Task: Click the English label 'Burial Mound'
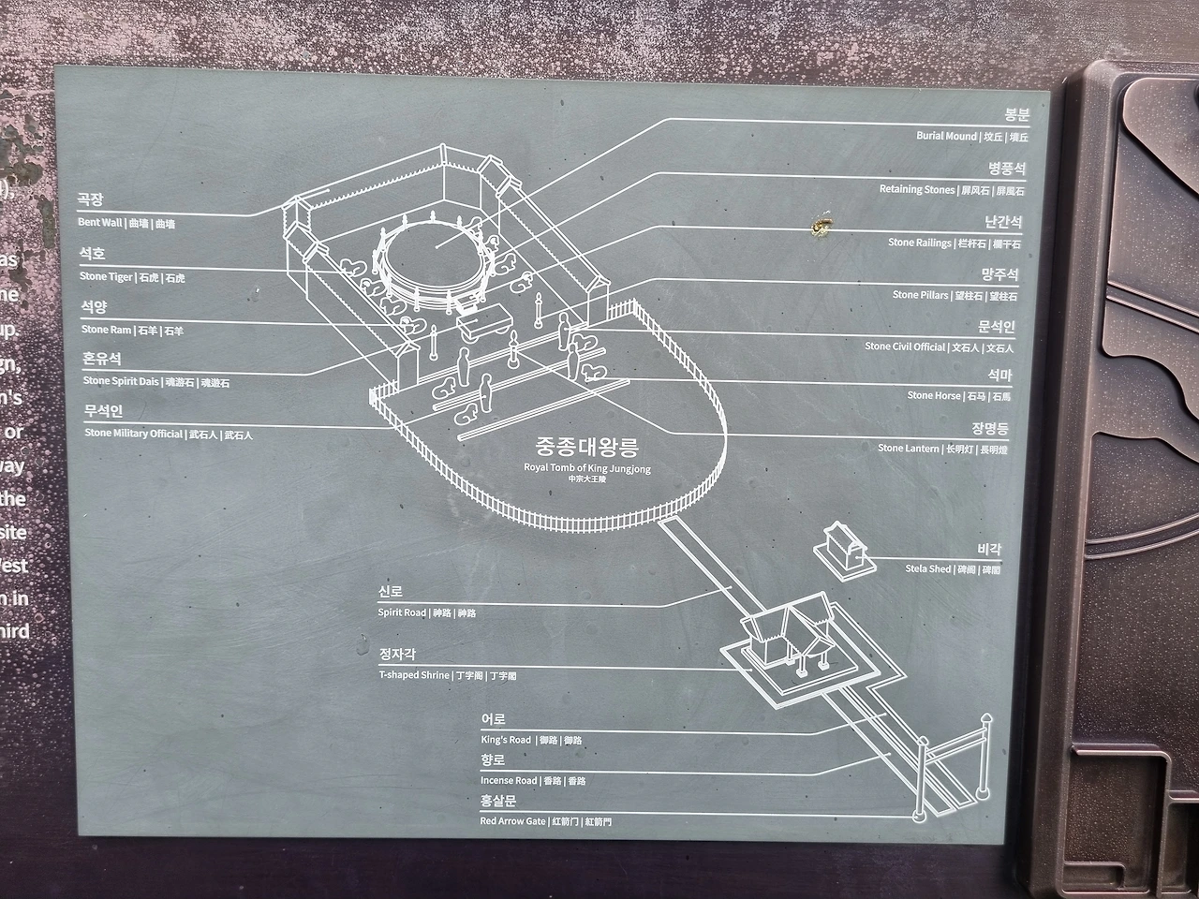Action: [946, 137]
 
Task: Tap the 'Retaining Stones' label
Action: [916, 190]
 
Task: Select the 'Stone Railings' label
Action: [920, 243]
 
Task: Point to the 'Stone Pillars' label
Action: [921, 296]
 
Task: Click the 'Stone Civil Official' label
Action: [905, 346]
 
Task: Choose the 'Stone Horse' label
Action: [933, 396]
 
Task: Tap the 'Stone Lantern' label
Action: [908, 449]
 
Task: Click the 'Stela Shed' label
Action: [927, 569]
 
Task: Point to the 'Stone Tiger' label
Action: [106, 277]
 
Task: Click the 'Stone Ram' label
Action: [106, 330]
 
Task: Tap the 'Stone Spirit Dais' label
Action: [122, 382]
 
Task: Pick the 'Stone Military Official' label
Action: [133, 435]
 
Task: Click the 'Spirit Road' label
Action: [402, 612]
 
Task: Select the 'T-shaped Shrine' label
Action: [414, 675]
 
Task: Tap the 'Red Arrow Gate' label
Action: [512, 821]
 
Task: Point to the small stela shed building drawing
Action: [841, 548]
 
